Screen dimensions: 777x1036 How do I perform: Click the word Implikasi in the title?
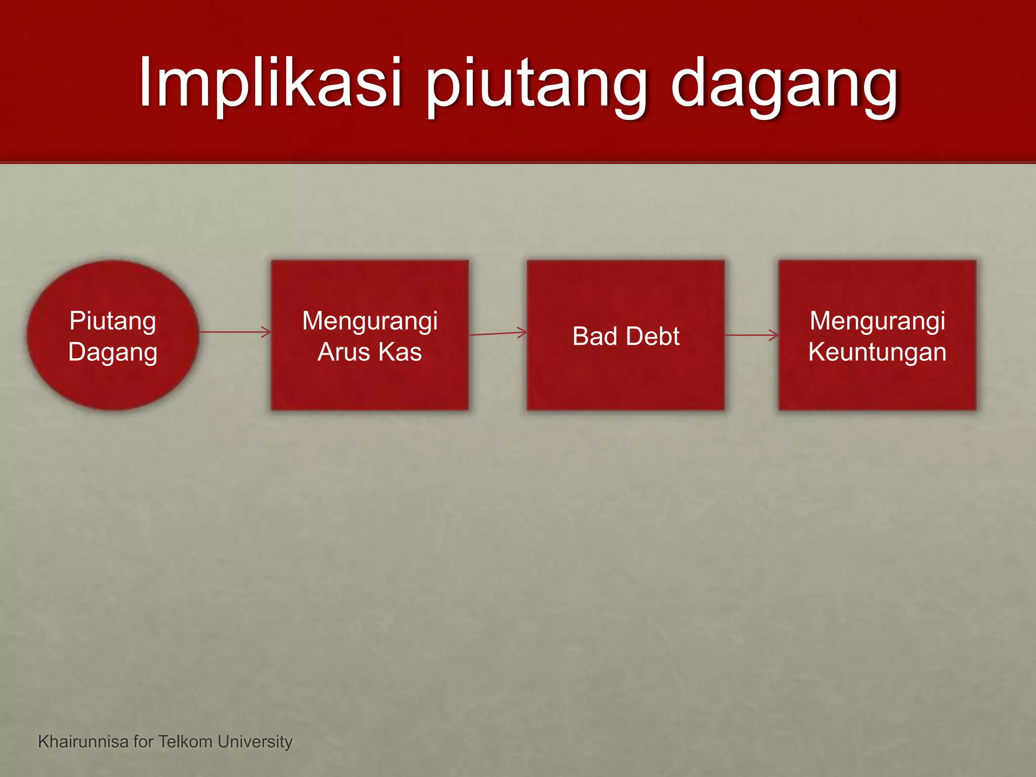tap(271, 83)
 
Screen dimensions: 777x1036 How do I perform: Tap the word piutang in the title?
tap(536, 83)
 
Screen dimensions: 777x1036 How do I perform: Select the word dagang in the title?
tap(784, 83)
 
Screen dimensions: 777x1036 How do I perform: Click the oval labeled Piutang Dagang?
tap(113, 384)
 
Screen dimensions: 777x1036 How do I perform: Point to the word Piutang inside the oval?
tap(113, 321)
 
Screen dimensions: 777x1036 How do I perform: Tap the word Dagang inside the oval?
tap(113, 352)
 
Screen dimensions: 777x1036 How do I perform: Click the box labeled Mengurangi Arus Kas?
tap(370, 384)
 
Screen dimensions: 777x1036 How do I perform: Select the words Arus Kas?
tap(370, 352)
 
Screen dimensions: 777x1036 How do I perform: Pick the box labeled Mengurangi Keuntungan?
tap(877, 384)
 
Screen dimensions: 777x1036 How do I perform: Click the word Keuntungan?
tap(877, 352)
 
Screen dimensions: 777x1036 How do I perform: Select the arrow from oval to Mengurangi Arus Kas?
tap(235, 332)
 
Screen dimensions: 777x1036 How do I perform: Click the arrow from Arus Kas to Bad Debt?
tap(498, 333)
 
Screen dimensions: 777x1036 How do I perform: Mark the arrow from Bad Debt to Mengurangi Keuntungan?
tap(752, 335)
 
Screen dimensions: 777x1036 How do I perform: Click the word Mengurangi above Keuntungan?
tap(877, 321)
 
